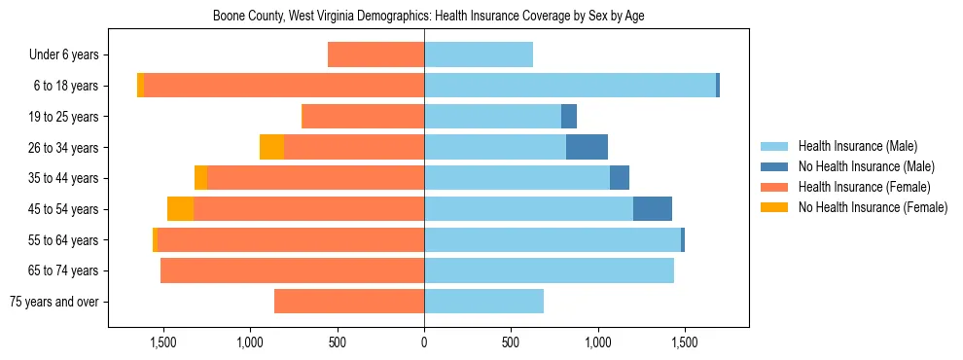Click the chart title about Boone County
(428, 16)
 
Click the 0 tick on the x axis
(424, 343)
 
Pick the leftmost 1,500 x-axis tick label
(162, 343)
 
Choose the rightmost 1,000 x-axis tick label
(597, 343)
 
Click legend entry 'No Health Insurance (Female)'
(872, 207)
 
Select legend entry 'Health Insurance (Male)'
(857, 146)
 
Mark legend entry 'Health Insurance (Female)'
(864, 187)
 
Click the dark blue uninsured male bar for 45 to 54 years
(653, 209)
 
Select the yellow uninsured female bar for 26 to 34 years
(271, 147)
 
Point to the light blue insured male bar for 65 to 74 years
(549, 270)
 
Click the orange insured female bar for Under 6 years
(375, 54)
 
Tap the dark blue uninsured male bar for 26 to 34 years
(587, 147)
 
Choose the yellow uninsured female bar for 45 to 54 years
(180, 209)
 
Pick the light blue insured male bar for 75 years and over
(483, 302)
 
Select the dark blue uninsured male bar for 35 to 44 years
(620, 178)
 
